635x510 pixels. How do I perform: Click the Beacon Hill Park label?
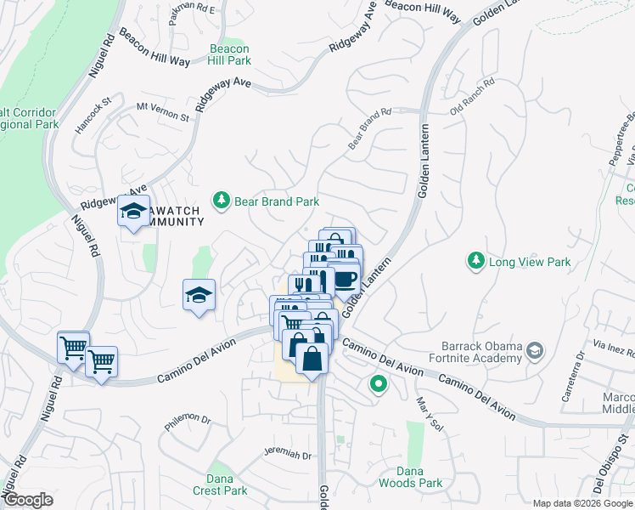pos(229,54)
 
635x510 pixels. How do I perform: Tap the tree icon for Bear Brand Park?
pos(222,201)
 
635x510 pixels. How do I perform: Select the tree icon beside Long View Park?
pos(477,260)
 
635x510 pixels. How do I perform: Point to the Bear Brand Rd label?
pos(369,128)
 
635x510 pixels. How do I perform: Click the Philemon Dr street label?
pos(188,419)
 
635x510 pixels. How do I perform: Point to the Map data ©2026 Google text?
pos(582,503)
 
